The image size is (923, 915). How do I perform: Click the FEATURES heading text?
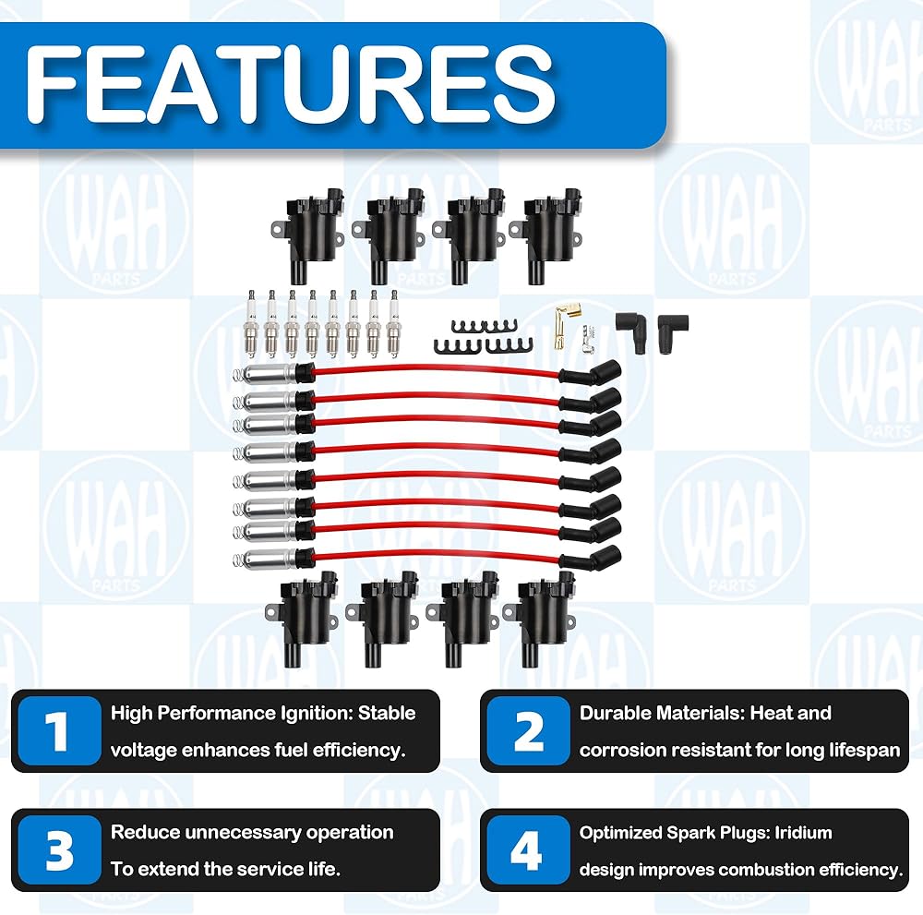click(x=290, y=83)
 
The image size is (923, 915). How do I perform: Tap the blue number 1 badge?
click(x=58, y=731)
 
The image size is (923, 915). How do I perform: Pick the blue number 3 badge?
click(x=58, y=850)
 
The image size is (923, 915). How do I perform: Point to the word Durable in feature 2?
click(x=614, y=713)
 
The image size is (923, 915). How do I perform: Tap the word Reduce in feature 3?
click(x=145, y=832)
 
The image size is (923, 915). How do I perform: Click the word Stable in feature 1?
click(x=387, y=713)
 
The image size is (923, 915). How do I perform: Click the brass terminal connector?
click(x=559, y=328)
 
